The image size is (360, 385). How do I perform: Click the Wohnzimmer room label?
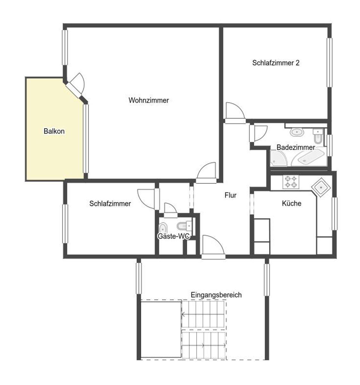148,100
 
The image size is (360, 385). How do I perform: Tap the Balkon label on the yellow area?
54,131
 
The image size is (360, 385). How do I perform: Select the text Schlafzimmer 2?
275,63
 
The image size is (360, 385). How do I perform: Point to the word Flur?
230,195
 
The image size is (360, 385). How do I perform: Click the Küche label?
291,203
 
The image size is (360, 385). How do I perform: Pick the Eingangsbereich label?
216,295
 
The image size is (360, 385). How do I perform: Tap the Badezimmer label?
296,147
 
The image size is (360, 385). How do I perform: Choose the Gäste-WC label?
174,236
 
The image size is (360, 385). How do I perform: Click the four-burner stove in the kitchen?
291,182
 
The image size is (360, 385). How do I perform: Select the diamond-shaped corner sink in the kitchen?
321,187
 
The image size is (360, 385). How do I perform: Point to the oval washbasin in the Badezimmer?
296,133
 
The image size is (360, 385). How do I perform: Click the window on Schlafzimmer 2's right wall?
329,63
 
